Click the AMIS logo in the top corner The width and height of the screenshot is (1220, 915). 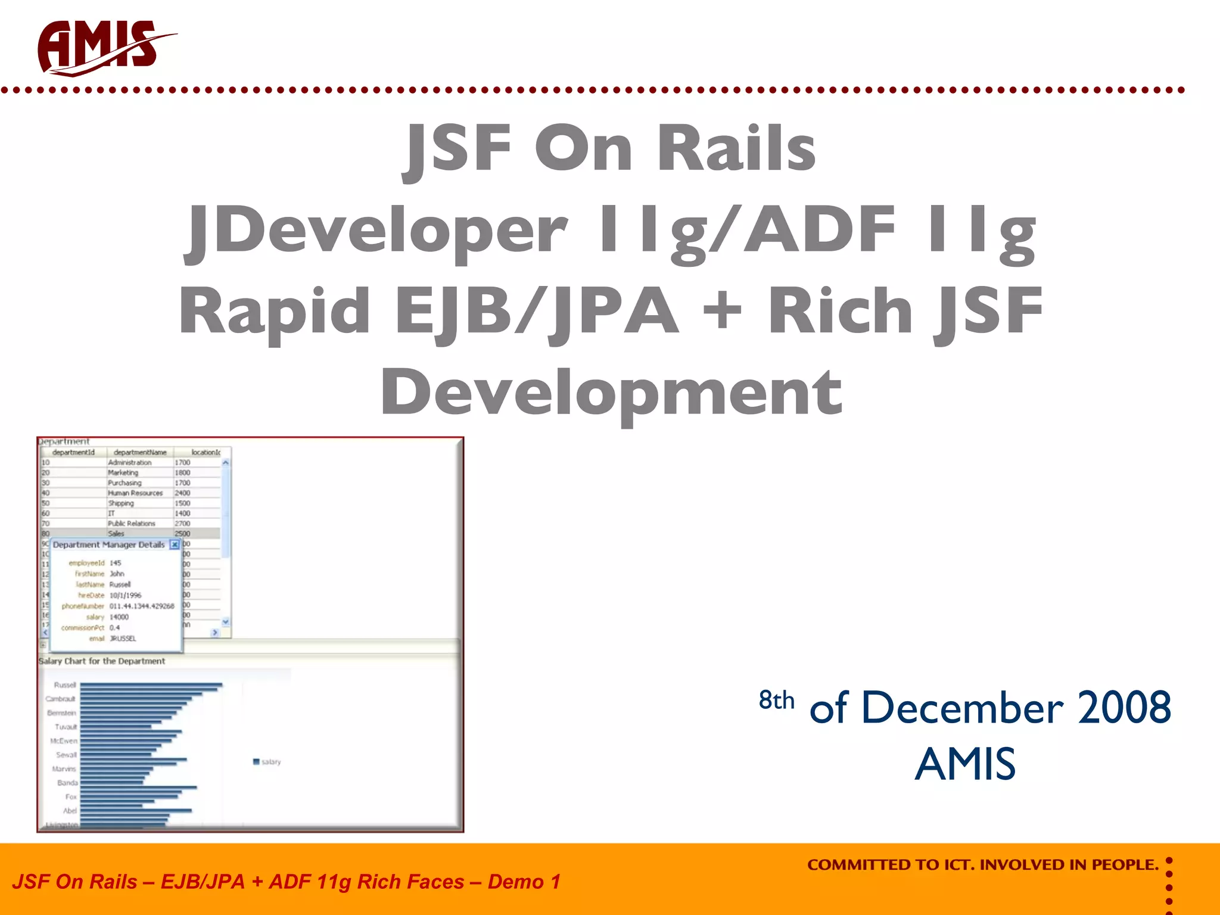coord(101,48)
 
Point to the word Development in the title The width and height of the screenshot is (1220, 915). coord(611,392)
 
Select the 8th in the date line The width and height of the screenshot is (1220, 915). coord(776,700)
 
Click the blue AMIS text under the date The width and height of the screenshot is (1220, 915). coord(965,764)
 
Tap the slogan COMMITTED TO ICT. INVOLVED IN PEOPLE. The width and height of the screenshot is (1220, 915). coord(982,864)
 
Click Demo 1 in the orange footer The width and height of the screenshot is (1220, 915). coord(524,882)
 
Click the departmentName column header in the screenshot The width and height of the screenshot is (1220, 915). coord(140,452)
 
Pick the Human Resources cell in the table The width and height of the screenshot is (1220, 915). coord(135,493)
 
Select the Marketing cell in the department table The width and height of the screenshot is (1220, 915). coord(123,472)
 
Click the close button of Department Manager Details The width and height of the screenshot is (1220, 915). coord(175,544)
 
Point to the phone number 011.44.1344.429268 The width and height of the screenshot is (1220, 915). coord(142,606)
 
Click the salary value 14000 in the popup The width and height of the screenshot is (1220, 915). coord(119,617)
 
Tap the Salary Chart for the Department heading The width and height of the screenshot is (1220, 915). coord(102,661)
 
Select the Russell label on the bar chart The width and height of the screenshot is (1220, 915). coord(65,685)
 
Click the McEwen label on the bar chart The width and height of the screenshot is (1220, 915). coord(64,741)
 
